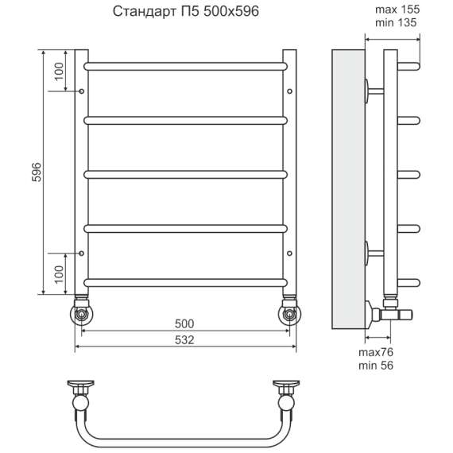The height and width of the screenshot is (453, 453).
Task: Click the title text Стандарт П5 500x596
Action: tap(186, 12)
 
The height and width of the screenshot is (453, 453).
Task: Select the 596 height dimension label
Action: tap(37, 172)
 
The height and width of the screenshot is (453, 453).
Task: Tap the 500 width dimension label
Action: tap(184, 323)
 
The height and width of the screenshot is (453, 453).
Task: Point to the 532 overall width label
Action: tap(184, 340)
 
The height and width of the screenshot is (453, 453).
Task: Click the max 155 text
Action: tap(397, 10)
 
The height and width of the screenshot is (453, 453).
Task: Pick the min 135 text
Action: tap(396, 22)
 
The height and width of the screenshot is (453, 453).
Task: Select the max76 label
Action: tap(376, 352)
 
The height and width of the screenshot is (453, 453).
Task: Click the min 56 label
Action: tap(376, 366)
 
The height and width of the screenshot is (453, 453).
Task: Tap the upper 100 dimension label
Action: tap(59, 72)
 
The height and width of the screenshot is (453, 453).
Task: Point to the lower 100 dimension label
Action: tap(59, 274)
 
